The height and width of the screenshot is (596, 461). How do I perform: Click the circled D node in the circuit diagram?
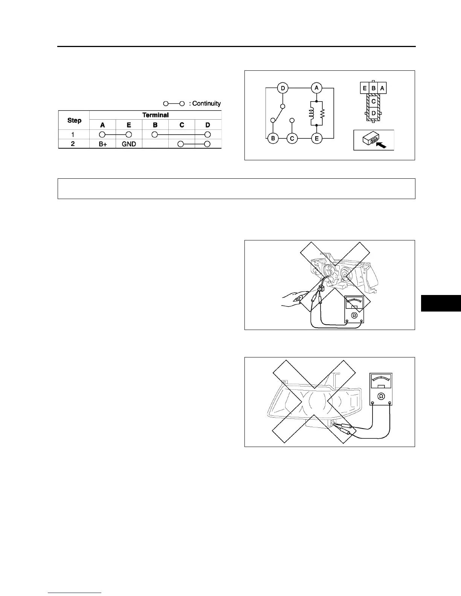282,88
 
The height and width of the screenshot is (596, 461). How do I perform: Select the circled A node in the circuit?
316,88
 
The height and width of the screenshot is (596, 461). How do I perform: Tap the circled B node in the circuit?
273,138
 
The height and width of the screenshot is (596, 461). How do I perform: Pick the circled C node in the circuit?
292,138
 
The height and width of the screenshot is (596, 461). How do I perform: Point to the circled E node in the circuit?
316,138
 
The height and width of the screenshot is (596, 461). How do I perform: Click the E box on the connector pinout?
365,88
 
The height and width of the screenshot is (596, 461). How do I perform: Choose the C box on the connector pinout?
374,101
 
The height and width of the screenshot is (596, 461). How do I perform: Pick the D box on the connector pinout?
374,113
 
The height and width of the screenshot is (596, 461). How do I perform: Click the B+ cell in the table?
102,144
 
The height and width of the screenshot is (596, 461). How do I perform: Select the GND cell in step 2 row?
129,144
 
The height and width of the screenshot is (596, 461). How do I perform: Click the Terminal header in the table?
155,115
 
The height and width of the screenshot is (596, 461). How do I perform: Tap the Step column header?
74,120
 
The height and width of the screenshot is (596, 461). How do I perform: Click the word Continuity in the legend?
206,103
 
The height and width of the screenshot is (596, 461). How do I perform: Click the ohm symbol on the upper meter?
354,315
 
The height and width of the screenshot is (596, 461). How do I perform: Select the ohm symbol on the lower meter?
381,396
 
